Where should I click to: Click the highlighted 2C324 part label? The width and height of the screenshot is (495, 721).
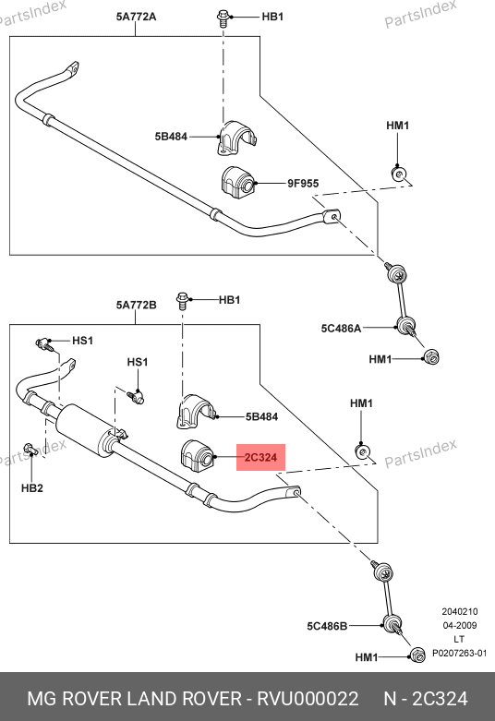pyautogui.click(x=260, y=458)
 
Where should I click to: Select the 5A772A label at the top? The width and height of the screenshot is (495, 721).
pyautogui.click(x=136, y=17)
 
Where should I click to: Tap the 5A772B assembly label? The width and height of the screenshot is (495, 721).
pyautogui.click(x=136, y=305)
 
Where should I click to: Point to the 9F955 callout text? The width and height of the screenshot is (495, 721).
pyautogui.click(x=303, y=184)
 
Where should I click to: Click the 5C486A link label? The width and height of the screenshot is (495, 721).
pyautogui.click(x=341, y=329)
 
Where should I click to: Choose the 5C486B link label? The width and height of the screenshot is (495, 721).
pyautogui.click(x=327, y=626)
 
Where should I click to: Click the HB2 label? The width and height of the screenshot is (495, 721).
pyautogui.click(x=32, y=487)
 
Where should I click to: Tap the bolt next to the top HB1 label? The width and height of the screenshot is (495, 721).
pyautogui.click(x=223, y=18)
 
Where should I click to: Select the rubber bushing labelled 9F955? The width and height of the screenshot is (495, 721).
pyautogui.click(x=237, y=183)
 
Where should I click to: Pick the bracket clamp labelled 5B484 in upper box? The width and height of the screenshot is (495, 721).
pyautogui.click(x=237, y=138)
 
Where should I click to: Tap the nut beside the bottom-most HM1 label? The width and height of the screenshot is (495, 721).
pyautogui.click(x=417, y=655)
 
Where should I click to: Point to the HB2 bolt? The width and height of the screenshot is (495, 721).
pyautogui.click(x=30, y=450)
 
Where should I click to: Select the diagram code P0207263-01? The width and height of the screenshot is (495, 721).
pyautogui.click(x=459, y=653)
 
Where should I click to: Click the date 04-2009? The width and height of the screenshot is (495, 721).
pyautogui.click(x=460, y=625)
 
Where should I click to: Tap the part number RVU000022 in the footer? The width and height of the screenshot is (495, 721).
pyautogui.click(x=308, y=699)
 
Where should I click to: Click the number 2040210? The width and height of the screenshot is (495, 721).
pyautogui.click(x=460, y=611)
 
